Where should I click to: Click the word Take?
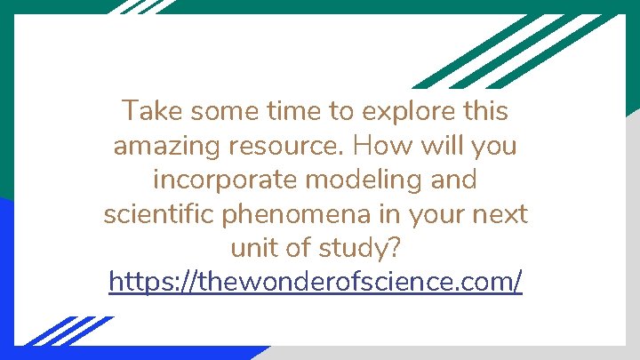tap(148, 111)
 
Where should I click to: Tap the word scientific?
tap(165, 214)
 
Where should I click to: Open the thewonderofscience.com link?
tap(316, 283)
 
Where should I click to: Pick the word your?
tap(434, 215)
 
